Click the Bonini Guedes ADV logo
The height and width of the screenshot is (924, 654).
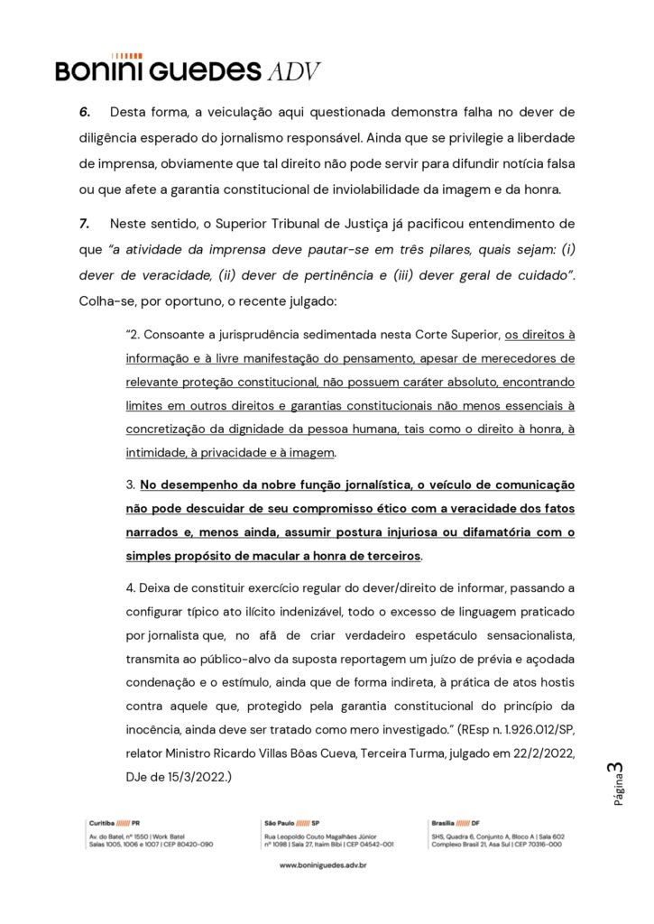188,69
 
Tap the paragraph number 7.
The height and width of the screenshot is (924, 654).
84,222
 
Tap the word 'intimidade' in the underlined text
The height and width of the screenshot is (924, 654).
156,452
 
